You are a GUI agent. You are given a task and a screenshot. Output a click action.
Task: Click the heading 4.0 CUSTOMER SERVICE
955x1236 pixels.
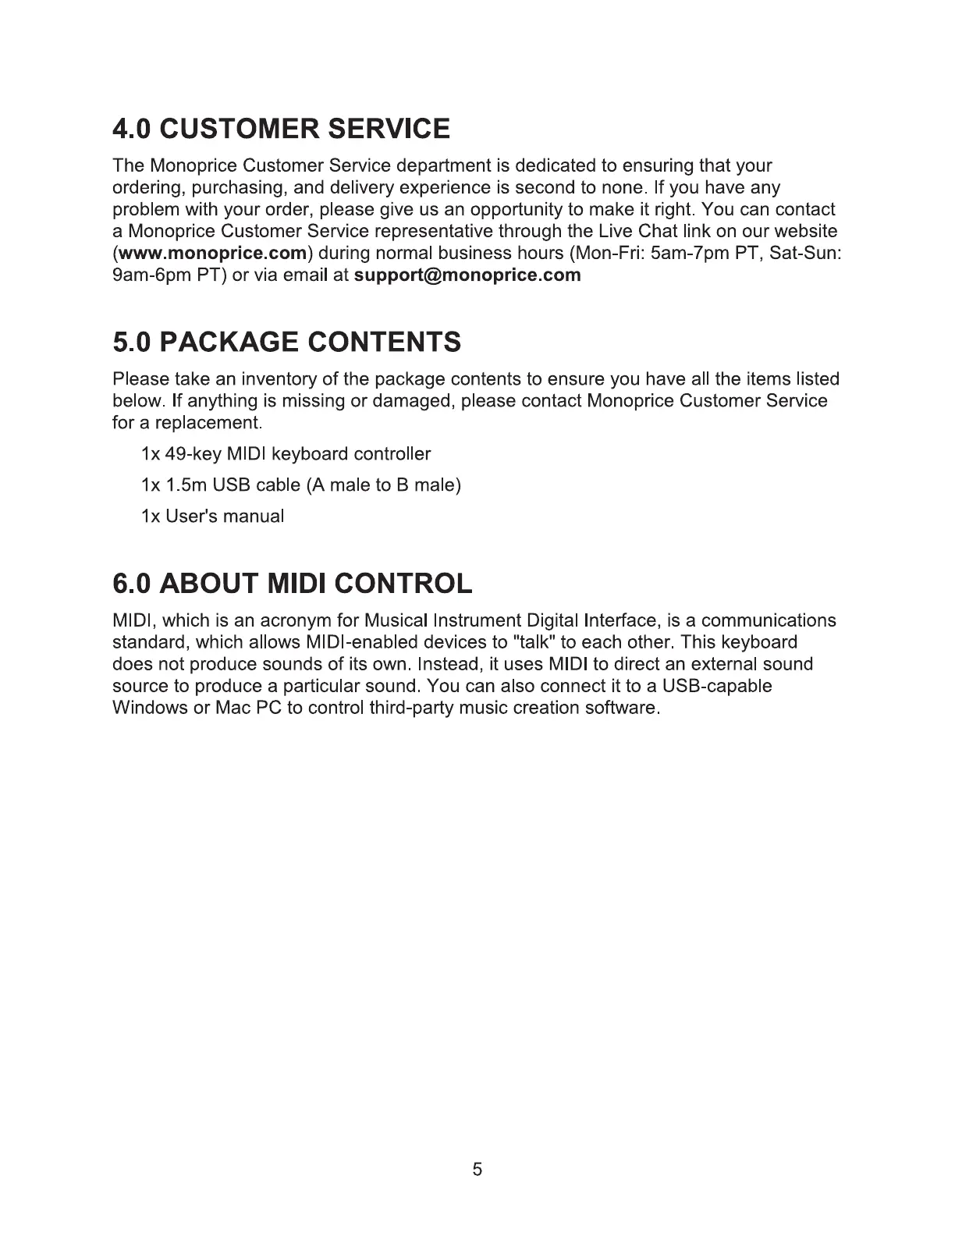281,128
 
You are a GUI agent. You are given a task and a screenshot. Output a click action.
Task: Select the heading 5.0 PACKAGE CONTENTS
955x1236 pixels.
286,342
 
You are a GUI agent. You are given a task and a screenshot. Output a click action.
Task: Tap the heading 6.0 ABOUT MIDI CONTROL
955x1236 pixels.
293,583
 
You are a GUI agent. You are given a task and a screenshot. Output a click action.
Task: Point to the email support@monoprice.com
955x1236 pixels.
467,275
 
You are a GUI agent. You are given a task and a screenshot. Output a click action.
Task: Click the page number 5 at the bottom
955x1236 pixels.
477,1169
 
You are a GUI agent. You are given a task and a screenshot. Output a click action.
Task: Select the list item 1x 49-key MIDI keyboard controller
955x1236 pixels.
286,454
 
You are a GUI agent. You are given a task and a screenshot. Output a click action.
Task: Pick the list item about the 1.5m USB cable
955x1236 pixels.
301,485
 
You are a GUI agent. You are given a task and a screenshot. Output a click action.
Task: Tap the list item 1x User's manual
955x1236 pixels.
212,517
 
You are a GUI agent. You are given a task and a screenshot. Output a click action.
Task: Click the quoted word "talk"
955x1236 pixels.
530,643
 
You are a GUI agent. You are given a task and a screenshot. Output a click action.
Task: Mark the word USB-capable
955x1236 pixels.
717,687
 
